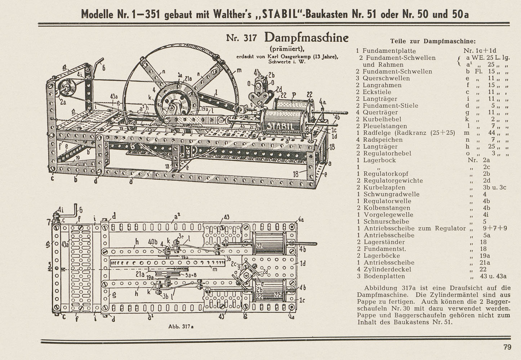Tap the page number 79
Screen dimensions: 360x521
tap(507, 347)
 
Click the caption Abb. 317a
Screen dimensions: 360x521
tap(181, 327)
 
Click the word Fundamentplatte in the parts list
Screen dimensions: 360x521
tap(384, 51)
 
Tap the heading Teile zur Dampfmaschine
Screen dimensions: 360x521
tap(433, 41)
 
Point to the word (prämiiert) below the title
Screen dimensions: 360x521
tap(287, 49)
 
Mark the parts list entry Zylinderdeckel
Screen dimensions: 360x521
tap(387, 269)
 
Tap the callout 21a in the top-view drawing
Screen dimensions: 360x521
tap(141, 274)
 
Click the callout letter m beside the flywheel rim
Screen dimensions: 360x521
tap(239, 71)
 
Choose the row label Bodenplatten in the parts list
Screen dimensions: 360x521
tap(384, 276)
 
